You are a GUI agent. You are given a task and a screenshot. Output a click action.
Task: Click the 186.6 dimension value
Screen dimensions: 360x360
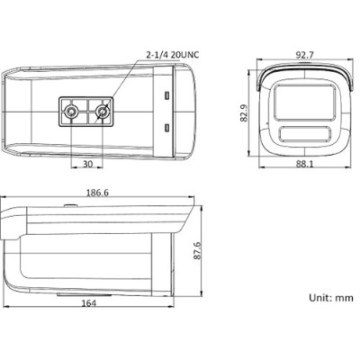[97, 193]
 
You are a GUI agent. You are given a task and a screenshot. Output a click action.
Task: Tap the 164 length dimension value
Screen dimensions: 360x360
[89, 303]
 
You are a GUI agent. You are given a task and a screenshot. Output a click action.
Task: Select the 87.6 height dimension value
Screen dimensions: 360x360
[197, 250]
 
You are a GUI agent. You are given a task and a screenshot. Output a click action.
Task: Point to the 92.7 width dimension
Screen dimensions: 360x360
[304, 55]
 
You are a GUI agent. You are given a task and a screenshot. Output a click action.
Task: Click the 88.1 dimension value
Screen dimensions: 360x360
[304, 164]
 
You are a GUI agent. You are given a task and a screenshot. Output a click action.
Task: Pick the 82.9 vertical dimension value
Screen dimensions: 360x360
[244, 112]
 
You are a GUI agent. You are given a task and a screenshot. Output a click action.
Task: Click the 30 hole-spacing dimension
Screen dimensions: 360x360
[87, 164]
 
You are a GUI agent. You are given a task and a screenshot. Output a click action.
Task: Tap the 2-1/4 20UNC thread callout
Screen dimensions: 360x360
[172, 55]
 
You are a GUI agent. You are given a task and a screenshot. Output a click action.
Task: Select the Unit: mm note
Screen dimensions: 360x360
[331, 298]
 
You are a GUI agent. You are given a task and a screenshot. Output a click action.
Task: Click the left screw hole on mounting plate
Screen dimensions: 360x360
[71, 112]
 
